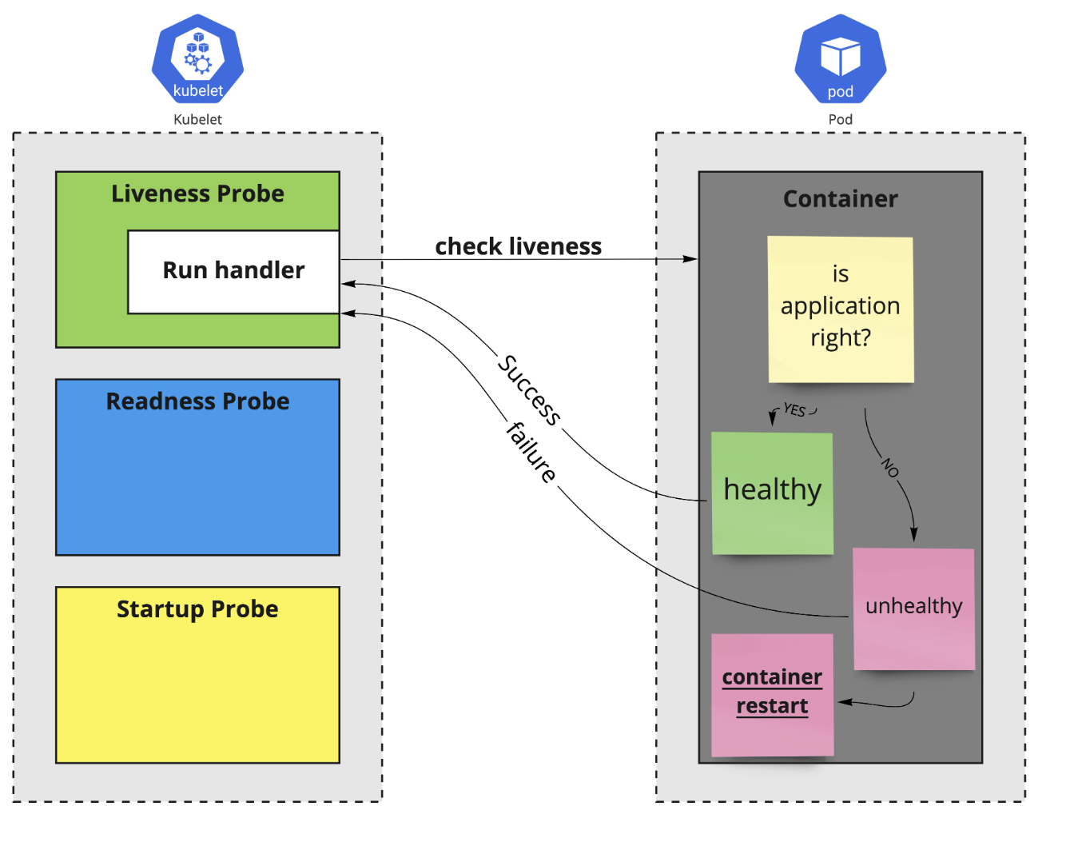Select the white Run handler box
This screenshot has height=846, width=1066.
(233, 271)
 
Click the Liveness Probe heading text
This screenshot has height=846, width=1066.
(197, 194)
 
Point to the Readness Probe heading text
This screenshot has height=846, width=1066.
(197, 401)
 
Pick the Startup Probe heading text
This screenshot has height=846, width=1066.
(197, 609)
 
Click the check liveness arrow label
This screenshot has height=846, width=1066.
(518, 246)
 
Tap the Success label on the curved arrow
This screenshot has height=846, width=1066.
(529, 389)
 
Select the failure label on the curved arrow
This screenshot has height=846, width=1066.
(531, 453)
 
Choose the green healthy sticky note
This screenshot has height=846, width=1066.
(772, 493)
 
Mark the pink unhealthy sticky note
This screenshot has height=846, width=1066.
(913, 608)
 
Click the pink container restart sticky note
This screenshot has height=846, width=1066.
(772, 693)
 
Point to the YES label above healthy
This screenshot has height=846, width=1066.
(794, 410)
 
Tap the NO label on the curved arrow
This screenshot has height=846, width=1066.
(890, 467)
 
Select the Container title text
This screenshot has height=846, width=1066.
(840, 199)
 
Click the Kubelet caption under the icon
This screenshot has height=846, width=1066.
(197, 119)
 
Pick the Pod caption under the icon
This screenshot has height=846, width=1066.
(840, 119)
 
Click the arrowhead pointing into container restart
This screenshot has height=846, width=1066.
(845, 702)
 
